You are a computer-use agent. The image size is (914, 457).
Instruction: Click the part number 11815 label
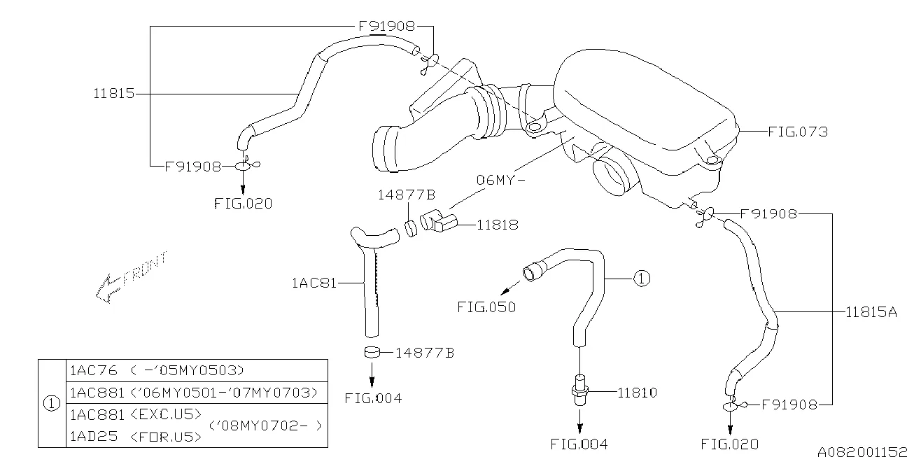tap(114, 93)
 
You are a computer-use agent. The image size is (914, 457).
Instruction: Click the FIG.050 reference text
tap(486, 307)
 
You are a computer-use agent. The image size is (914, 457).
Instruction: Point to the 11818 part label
tap(498, 225)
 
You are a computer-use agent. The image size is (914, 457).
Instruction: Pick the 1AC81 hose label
tap(314, 283)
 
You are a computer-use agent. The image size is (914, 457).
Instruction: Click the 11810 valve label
tap(636, 393)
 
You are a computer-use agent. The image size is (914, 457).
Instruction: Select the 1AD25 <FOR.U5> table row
tap(135, 437)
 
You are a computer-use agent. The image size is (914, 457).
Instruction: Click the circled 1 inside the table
tap(52, 404)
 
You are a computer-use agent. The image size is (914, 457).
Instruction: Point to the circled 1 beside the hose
tap(642, 279)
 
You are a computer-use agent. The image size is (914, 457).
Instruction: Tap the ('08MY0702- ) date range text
tap(267, 425)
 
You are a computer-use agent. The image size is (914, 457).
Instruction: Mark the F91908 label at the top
tap(387, 27)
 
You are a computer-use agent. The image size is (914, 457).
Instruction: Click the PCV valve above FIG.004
tap(579, 388)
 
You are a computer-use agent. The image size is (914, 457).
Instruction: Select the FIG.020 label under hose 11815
tap(243, 204)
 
